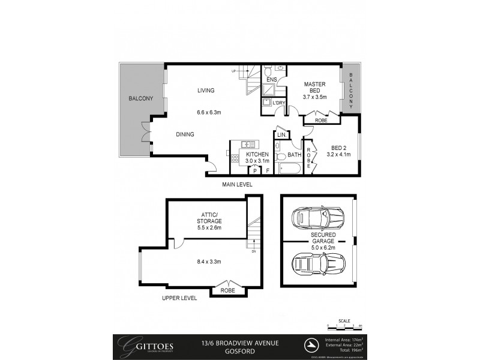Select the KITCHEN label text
point(257,154)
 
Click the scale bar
point(344,327)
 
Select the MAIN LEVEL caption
point(236,184)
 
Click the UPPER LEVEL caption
point(180,298)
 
